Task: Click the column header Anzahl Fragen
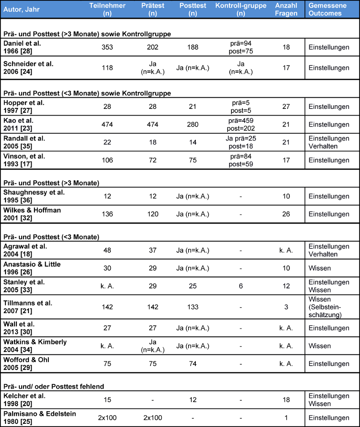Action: coord(286,9)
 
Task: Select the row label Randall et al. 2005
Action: coord(24,142)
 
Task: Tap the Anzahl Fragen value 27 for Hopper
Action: coord(286,107)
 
